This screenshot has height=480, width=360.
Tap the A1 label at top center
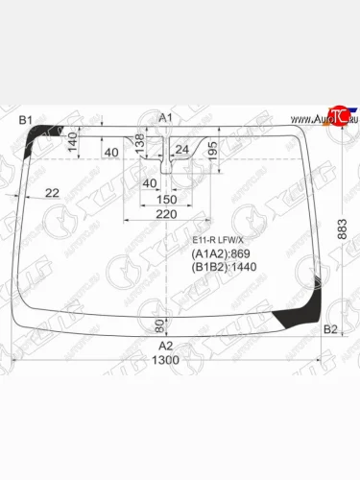click(164, 117)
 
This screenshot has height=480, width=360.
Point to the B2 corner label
click(330, 330)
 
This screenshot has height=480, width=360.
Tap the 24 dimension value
click(181, 149)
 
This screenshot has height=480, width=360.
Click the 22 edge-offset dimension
click(52, 193)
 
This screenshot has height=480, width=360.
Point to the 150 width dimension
click(167, 199)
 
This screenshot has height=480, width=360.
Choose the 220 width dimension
click(167, 215)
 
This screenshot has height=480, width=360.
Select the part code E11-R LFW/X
click(219, 239)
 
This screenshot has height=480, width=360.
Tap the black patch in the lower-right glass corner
click(292, 318)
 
